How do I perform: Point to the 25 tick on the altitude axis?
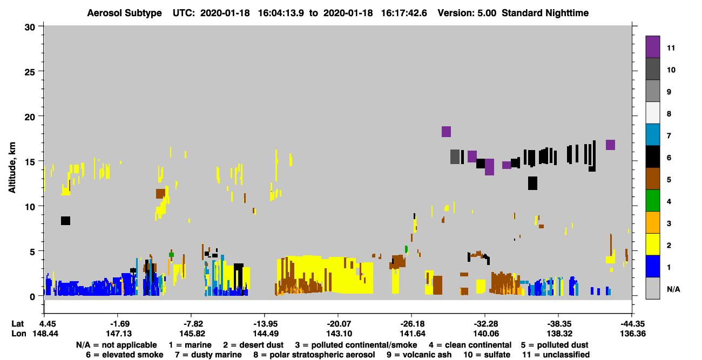40,71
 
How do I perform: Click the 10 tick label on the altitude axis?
30,207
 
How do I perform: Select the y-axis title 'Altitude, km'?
12,167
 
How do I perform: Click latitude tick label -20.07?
339,324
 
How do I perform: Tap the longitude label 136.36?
633,334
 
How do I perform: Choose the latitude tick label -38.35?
559,324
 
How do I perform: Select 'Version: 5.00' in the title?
467,13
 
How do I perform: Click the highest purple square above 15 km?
446,132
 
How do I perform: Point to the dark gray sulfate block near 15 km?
455,157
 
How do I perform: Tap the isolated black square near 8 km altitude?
65,221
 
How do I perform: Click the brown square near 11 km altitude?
160,194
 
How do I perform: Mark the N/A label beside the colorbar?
673,289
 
